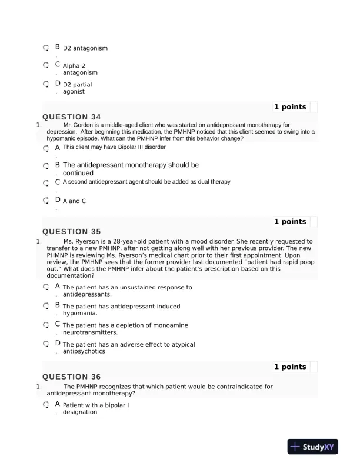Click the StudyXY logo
point(312,447)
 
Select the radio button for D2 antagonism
point(46,48)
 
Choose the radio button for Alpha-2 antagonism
point(46,65)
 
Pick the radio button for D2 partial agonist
point(46,84)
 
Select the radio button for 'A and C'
point(46,201)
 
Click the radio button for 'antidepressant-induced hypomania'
point(46,306)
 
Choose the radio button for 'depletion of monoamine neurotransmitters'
point(46,325)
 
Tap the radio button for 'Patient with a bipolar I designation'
point(46,405)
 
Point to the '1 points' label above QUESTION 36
point(290,367)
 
